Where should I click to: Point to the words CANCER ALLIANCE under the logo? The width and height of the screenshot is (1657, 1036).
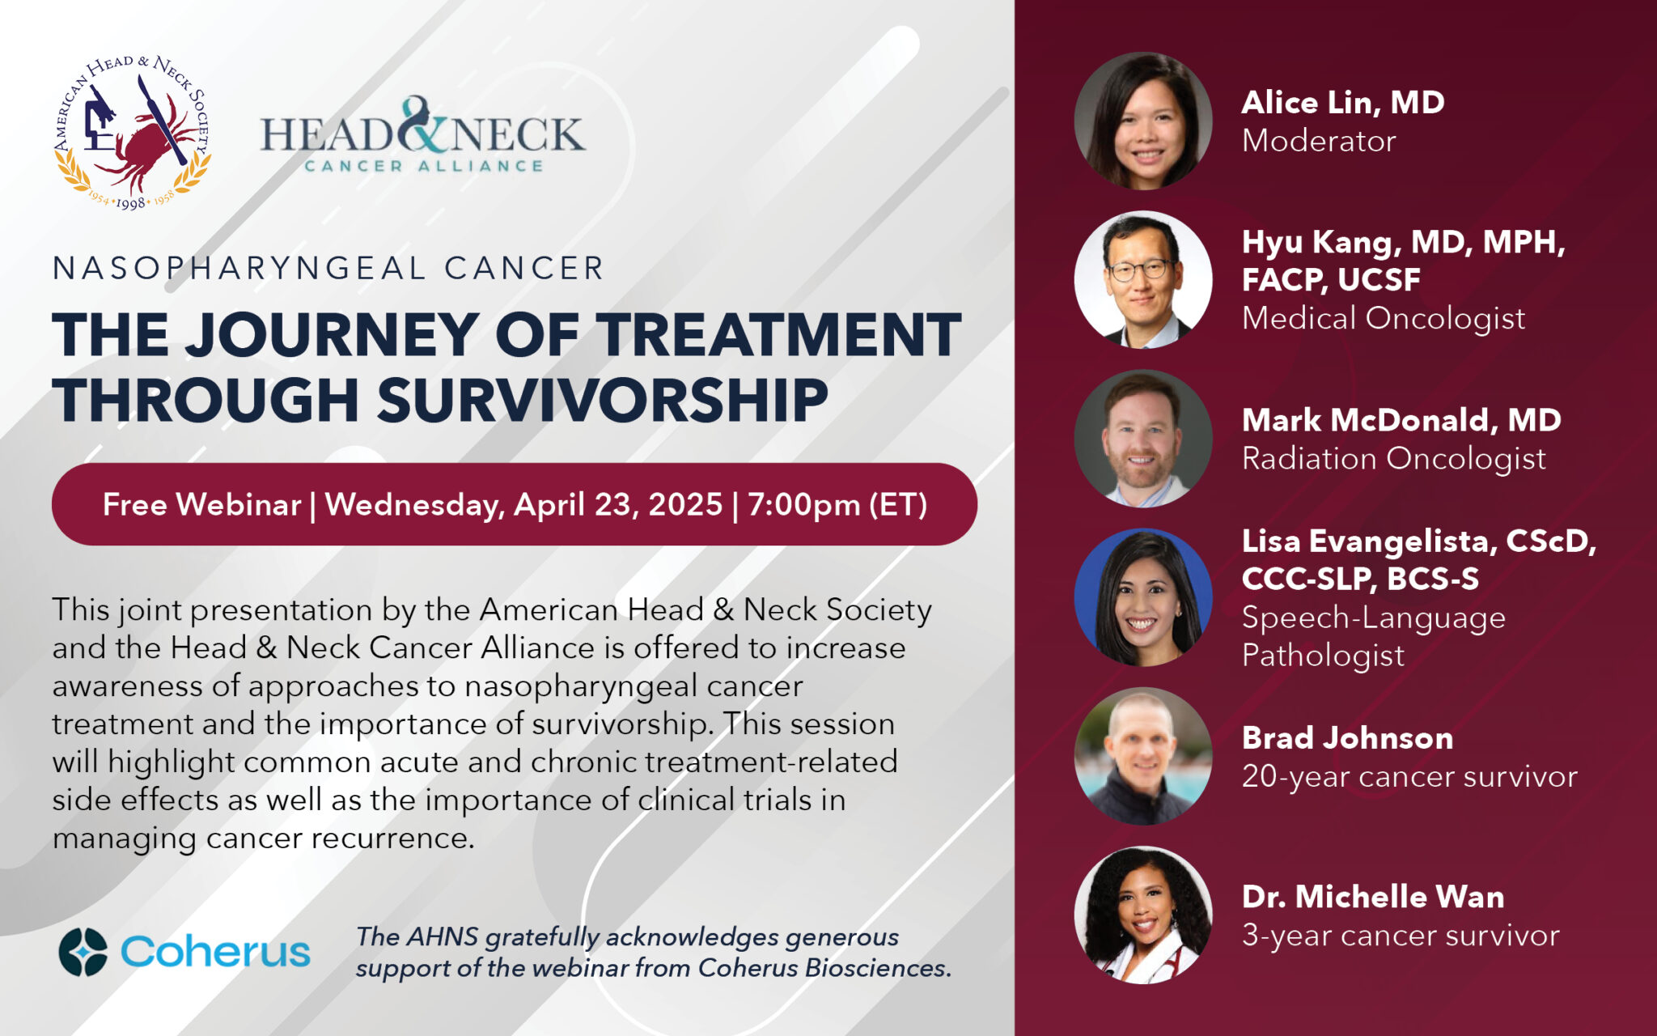(423, 166)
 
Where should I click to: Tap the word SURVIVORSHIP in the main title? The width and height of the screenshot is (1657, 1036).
(603, 400)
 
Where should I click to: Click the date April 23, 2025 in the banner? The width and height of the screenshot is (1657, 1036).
(618, 505)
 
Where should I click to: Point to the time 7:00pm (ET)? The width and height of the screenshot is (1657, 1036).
(837, 505)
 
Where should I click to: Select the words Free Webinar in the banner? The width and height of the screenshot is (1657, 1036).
(201, 504)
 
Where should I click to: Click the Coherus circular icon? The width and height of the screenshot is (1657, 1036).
(83, 952)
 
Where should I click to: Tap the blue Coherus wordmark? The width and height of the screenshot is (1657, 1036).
(215, 952)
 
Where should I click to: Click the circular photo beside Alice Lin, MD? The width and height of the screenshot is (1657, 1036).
(1142, 121)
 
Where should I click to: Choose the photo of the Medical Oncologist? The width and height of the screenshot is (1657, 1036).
(1142, 279)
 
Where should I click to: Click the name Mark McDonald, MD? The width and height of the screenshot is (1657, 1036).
(1401, 420)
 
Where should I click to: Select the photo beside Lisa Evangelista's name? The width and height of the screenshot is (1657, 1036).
(1142, 597)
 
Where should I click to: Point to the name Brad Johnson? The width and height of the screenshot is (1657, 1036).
(1348, 738)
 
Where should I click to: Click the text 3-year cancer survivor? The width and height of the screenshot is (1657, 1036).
(1401, 936)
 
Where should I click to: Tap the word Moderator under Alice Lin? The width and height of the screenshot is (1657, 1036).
(1319, 141)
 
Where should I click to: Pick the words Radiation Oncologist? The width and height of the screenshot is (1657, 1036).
(1394, 459)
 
